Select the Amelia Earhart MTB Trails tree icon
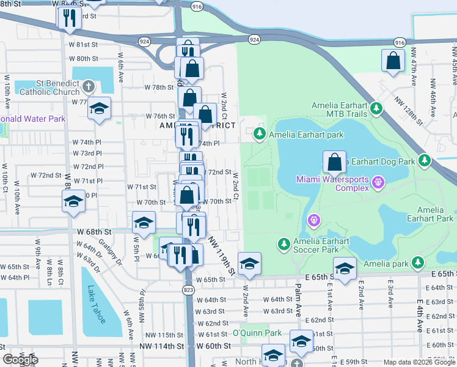pos(376,109)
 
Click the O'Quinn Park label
pos(257,333)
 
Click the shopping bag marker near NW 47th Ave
pos(393,61)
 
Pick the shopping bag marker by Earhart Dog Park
pos(334,163)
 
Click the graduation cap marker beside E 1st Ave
pos(345,270)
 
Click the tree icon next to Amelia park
pos(418,263)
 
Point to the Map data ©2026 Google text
pos(419,362)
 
